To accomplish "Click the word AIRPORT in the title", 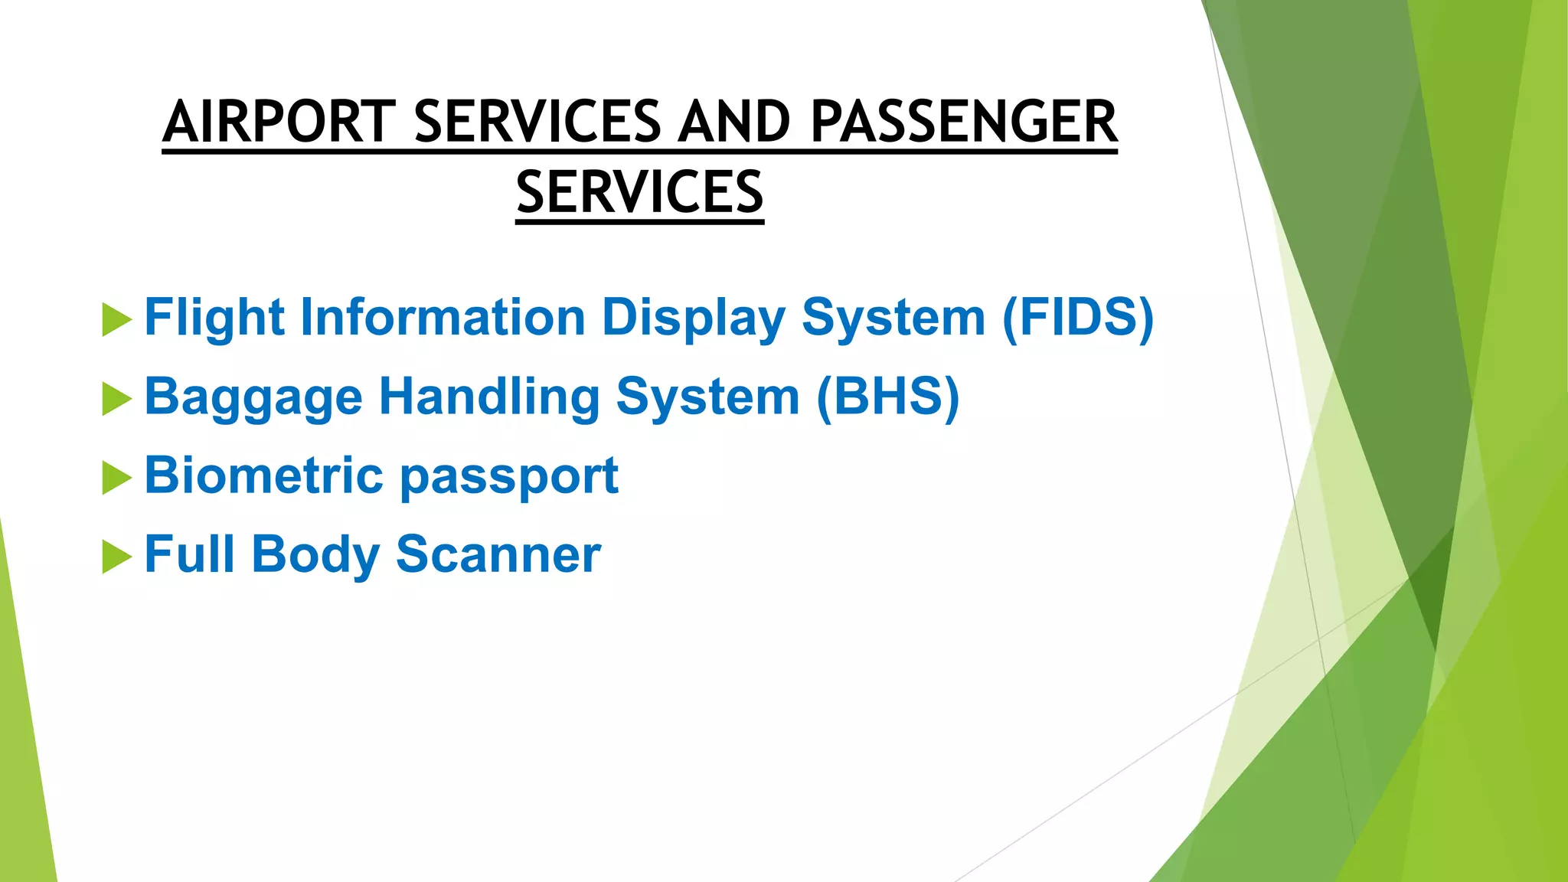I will (279, 122).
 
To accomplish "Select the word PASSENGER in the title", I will (964, 122).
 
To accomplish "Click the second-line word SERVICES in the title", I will (639, 193).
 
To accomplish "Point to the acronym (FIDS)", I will (1077, 317).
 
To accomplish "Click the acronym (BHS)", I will (887, 397).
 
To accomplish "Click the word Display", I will (694, 317).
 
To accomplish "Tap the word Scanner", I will (498, 554).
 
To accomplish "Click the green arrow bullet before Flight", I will (116, 319).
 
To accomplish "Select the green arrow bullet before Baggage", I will (116, 399).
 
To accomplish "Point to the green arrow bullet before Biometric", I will (116, 478).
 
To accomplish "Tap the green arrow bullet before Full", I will (116, 557).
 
